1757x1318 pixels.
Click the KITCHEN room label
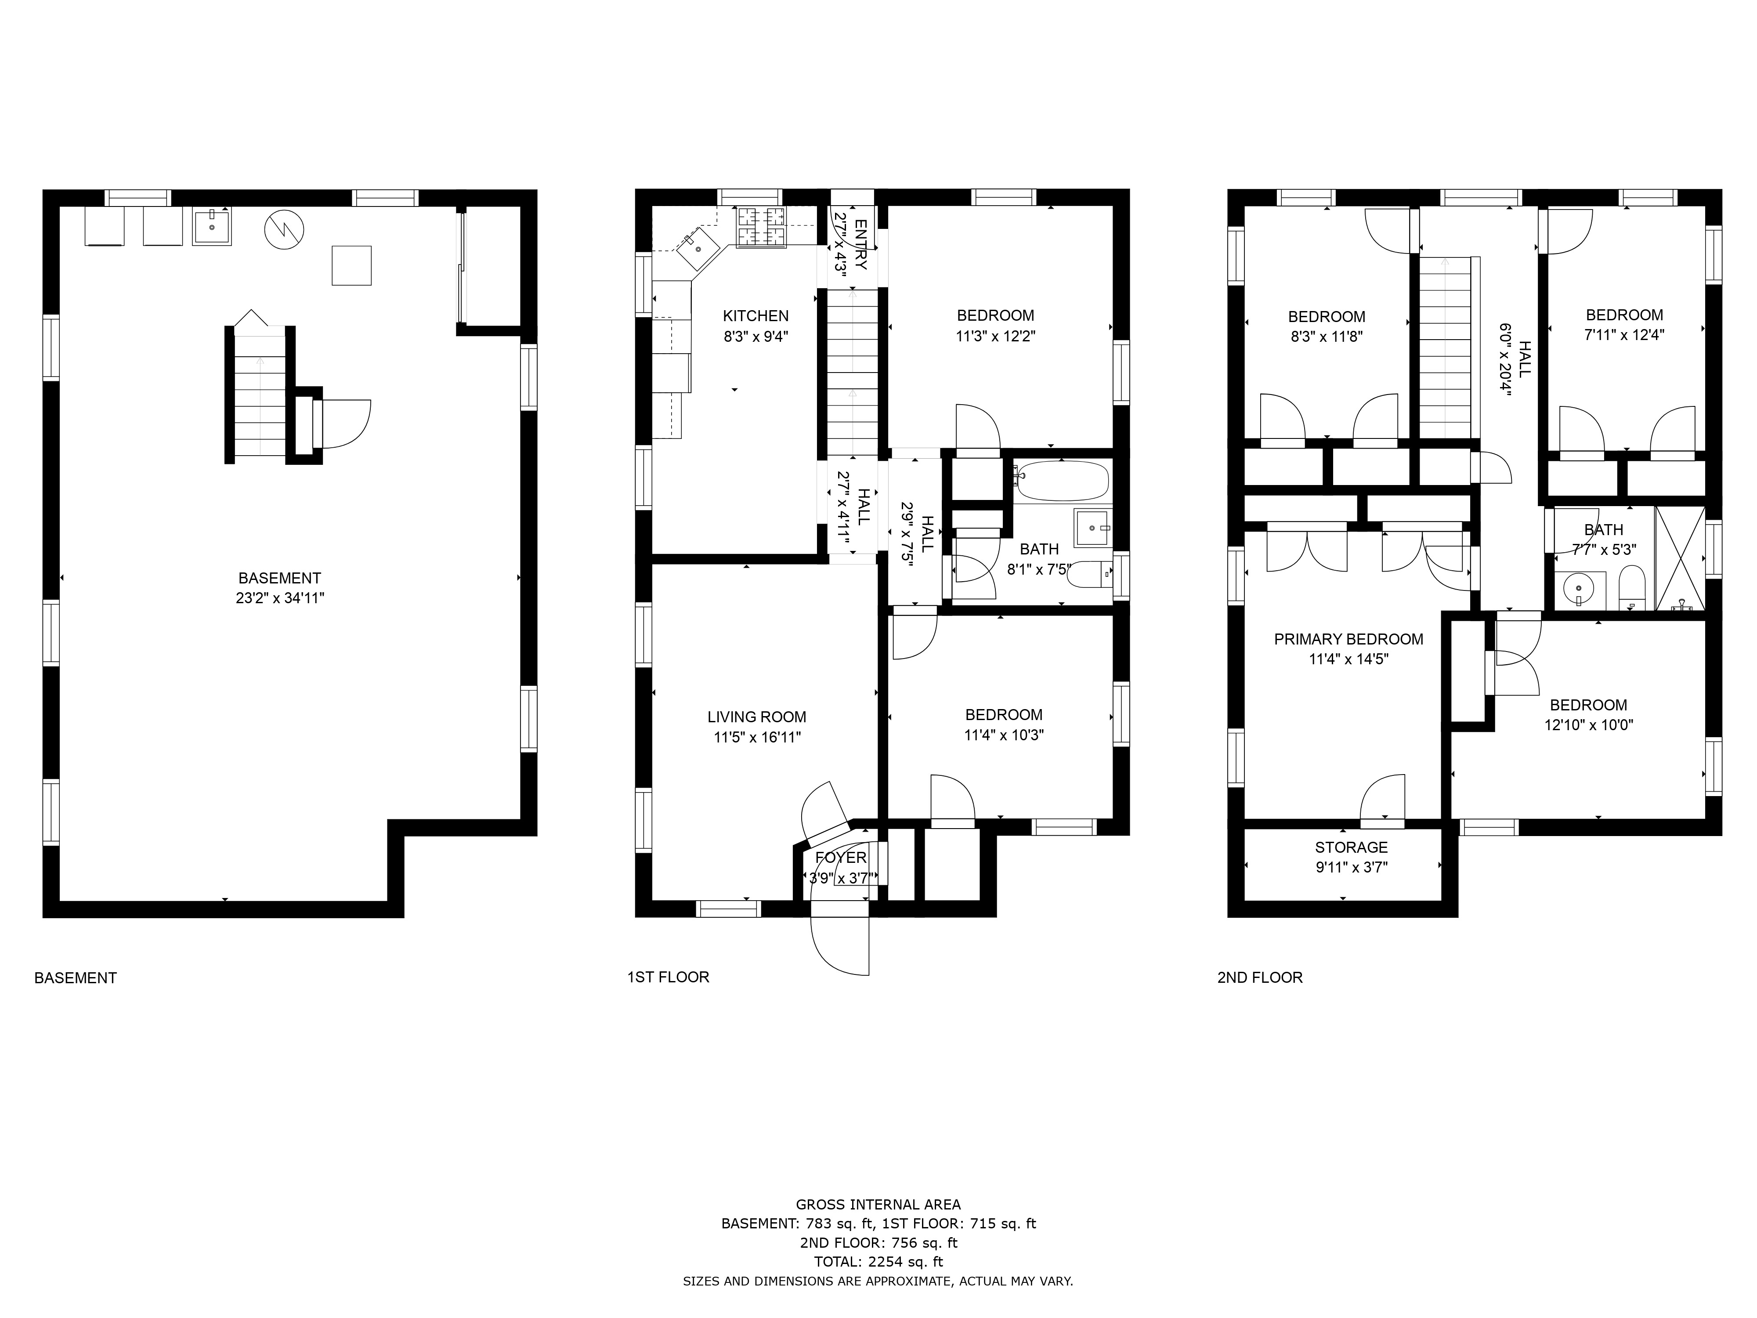756,316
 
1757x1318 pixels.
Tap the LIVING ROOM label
756,717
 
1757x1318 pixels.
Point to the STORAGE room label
1351,847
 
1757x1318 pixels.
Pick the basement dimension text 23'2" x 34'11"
280,598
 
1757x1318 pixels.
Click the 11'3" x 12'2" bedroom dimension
995,336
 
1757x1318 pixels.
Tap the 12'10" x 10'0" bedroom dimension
1589,725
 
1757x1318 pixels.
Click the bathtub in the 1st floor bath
1061,481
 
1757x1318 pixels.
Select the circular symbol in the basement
284,230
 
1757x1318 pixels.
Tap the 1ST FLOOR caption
668,977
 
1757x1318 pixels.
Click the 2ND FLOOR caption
1260,977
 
